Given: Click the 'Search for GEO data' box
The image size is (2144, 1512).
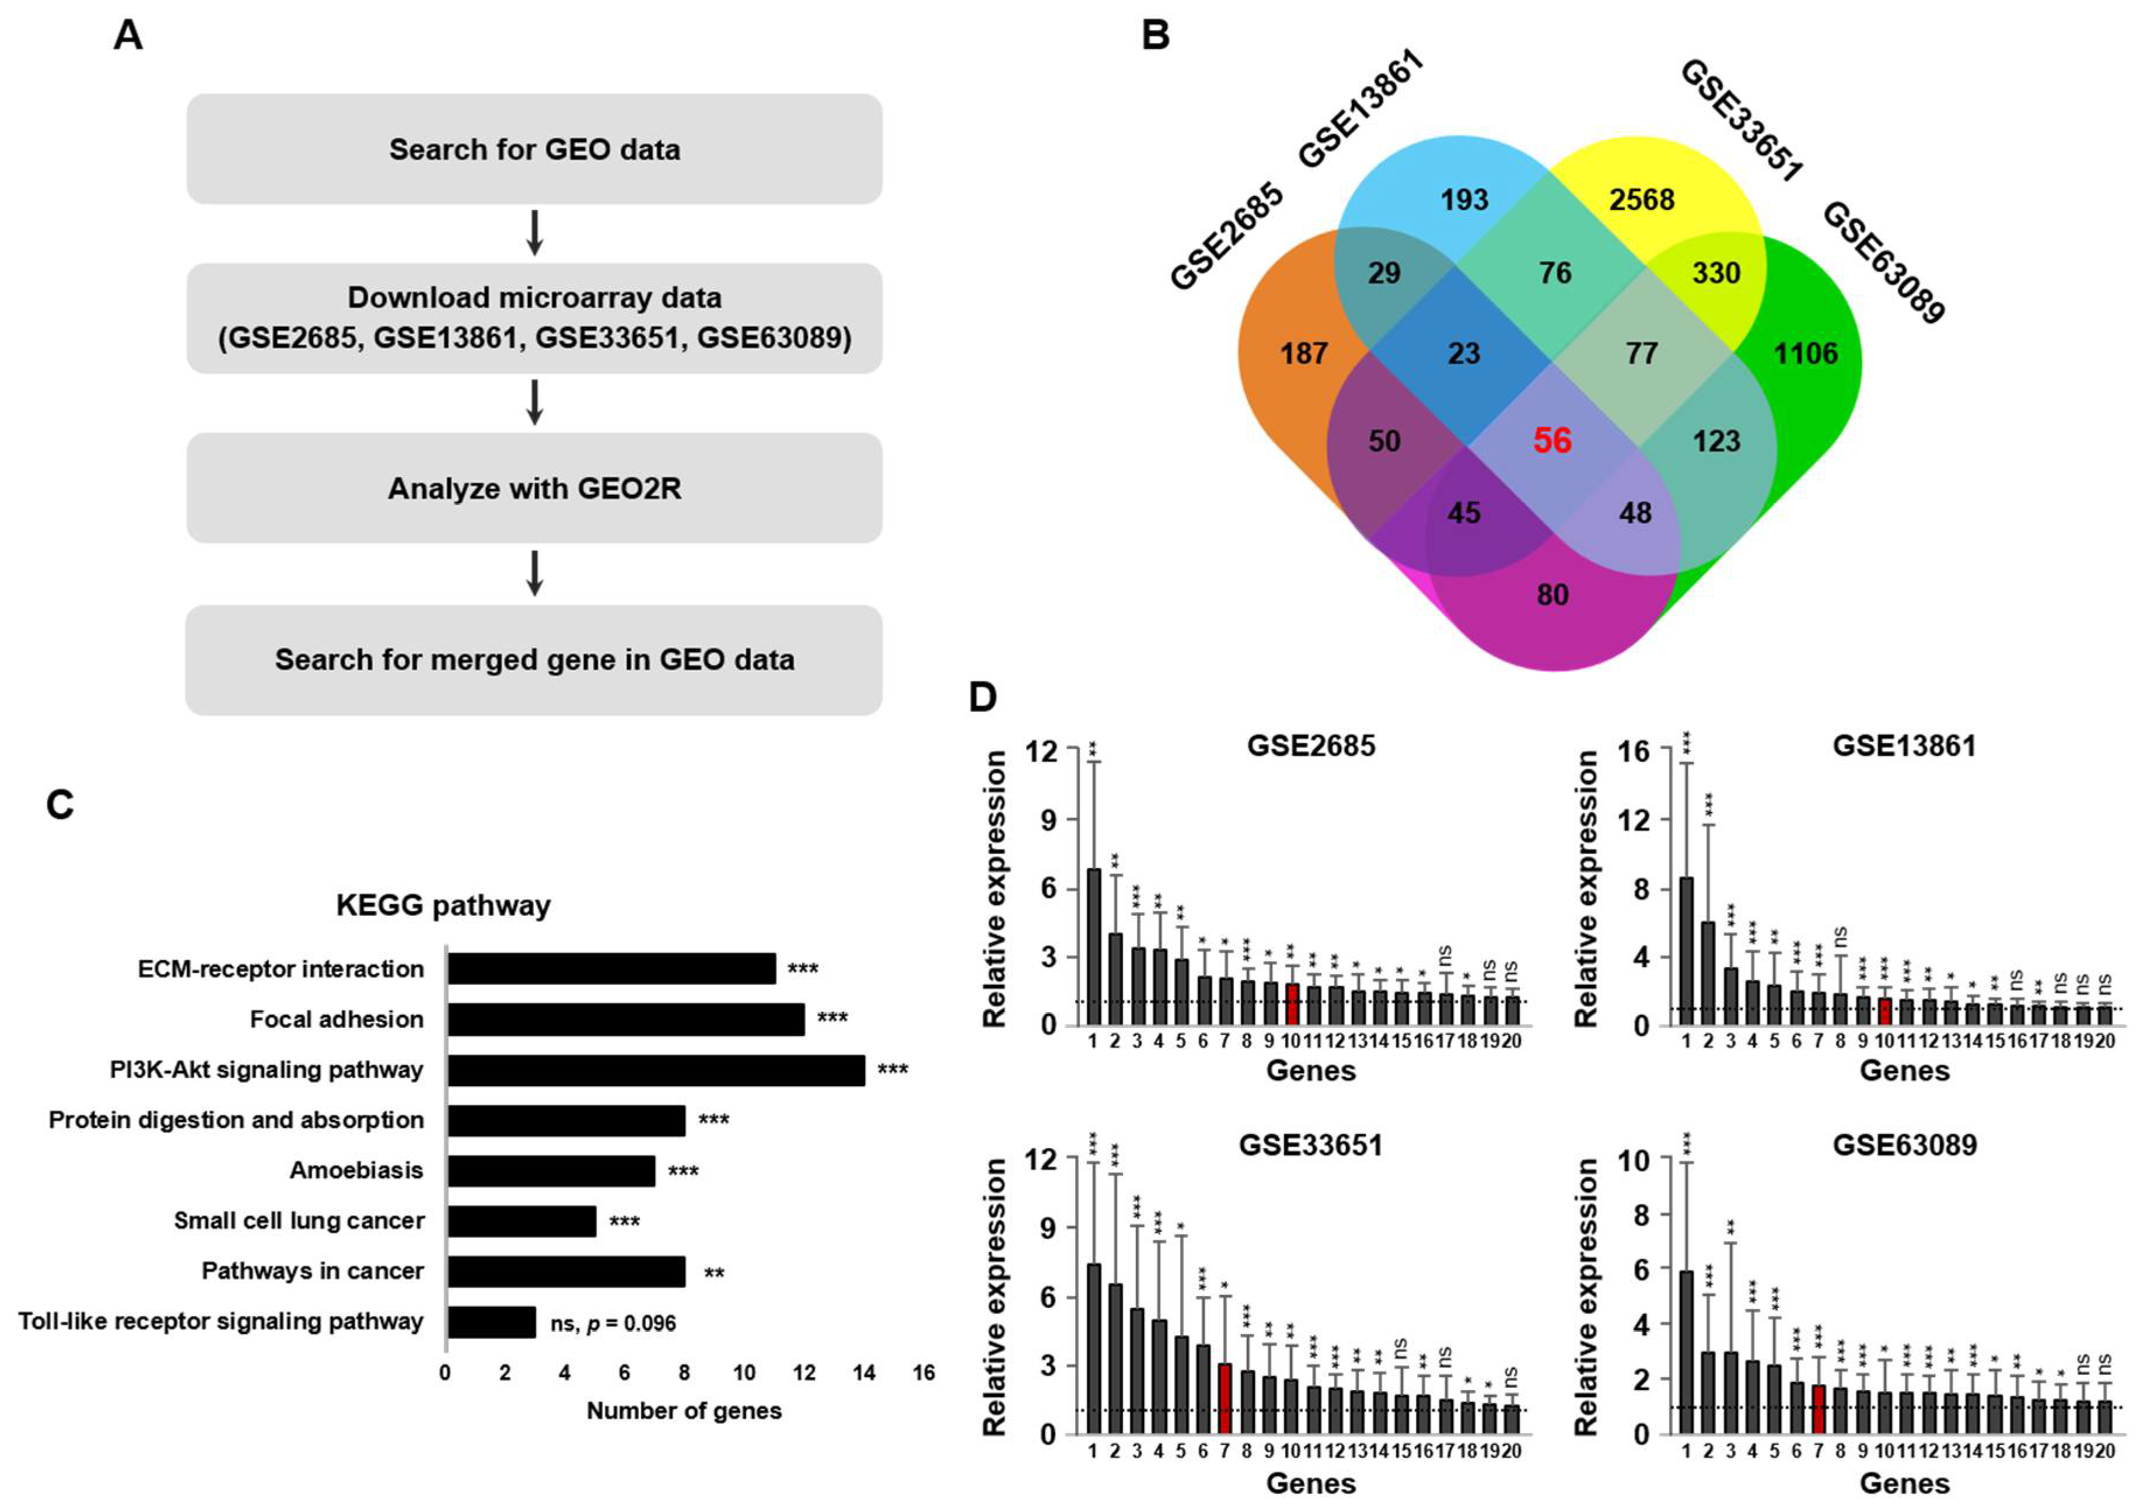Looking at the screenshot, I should pyautogui.click(x=534, y=149).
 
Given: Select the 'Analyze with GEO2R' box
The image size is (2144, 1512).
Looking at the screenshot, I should pyautogui.click(x=534, y=488).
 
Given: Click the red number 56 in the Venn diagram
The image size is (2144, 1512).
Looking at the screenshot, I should pyautogui.click(x=1552, y=441).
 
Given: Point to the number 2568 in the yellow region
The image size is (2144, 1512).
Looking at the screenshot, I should pyautogui.click(x=1642, y=200).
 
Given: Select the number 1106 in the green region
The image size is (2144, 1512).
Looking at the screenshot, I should pyautogui.click(x=1805, y=354).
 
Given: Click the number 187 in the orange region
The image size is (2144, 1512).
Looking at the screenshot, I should pyautogui.click(x=1303, y=354).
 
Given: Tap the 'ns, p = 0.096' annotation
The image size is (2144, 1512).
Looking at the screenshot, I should pyautogui.click(x=613, y=1324).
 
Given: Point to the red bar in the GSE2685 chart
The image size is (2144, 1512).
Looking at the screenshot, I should pyautogui.click(x=1292, y=1004).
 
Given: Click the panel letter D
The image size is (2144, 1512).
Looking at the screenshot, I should pyautogui.click(x=982, y=698).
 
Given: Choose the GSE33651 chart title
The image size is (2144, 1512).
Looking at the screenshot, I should pyautogui.click(x=1310, y=1145).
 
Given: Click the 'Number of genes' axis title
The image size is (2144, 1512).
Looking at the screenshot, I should pyautogui.click(x=684, y=1410).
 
